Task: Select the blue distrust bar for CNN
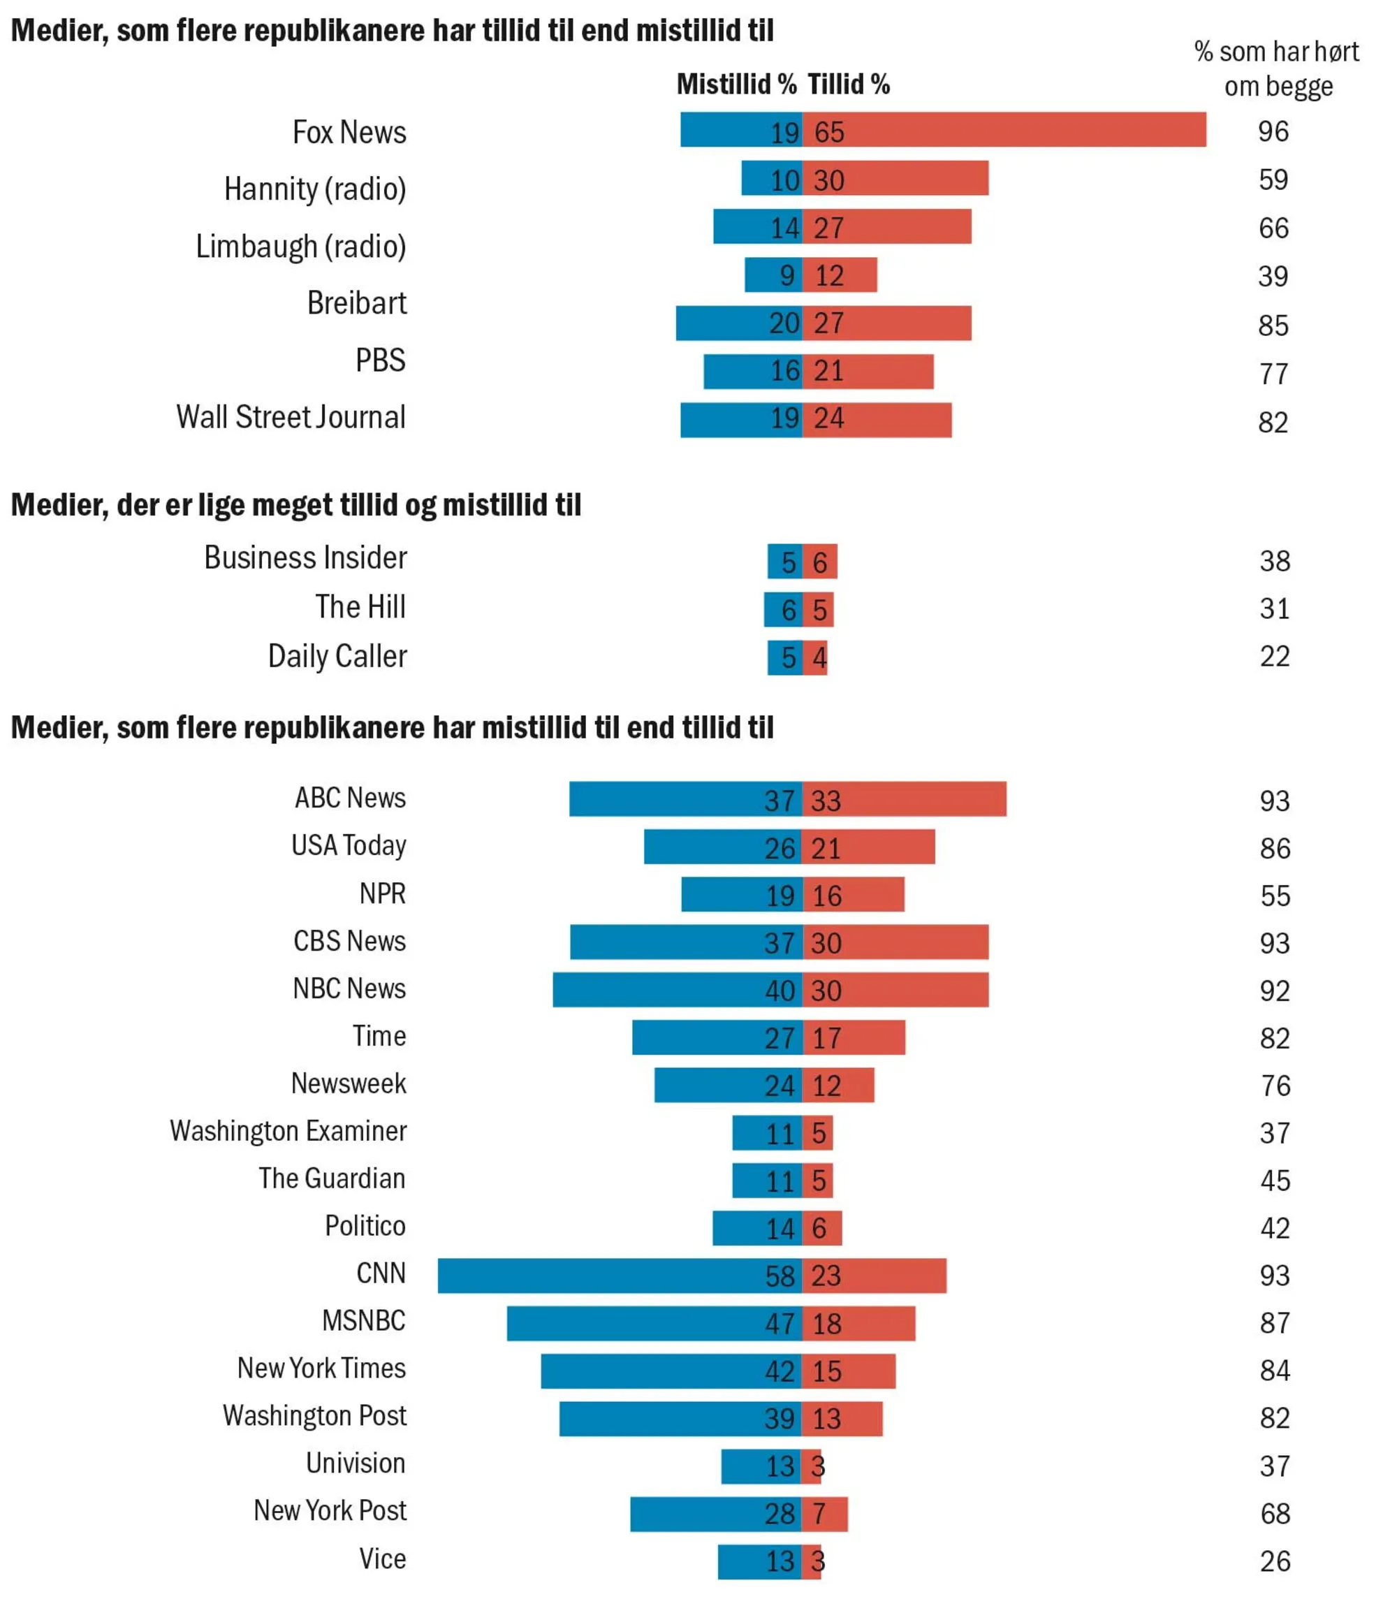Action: coord(620,1276)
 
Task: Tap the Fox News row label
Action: coord(349,133)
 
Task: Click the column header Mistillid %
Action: coord(736,85)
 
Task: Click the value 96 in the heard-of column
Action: coord(1273,131)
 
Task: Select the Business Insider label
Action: coord(306,558)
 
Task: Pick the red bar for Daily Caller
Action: coord(815,657)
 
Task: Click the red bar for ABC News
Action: coord(905,799)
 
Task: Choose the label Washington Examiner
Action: coord(288,1130)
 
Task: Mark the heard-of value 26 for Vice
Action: coord(1275,1561)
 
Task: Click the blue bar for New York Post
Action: coord(716,1513)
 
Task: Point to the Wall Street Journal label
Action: coord(291,417)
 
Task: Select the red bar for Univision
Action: coord(812,1466)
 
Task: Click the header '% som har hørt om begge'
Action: coord(1277,68)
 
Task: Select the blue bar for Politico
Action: coord(757,1228)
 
